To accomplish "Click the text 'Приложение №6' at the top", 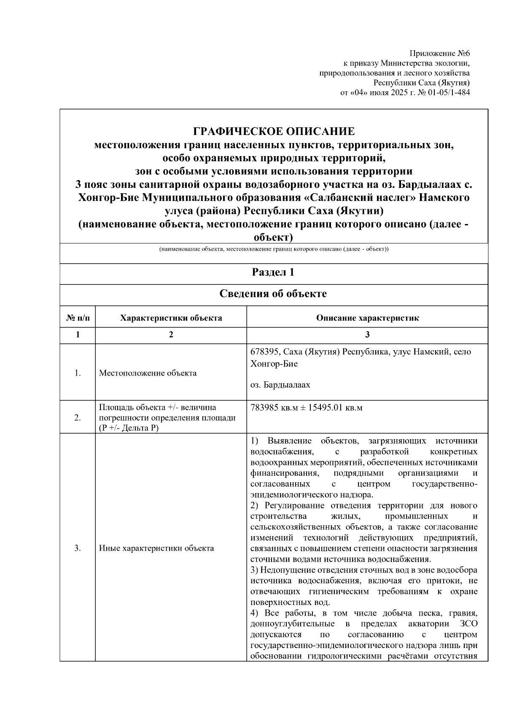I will pyautogui.click(x=439, y=54).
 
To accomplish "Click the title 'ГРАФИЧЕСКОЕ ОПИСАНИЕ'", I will pyautogui.click(x=274, y=131).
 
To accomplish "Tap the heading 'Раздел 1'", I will pyautogui.click(x=273, y=272).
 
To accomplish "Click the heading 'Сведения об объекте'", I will pyautogui.click(x=273, y=294).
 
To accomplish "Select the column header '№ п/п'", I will pyautogui.click(x=78, y=318).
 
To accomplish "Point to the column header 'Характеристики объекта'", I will pyautogui.click(x=171, y=318).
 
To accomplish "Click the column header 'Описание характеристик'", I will pyautogui.click(x=367, y=318).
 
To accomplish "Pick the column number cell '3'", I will pyautogui.click(x=367, y=335).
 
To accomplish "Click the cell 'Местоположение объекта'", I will pyautogui.click(x=148, y=373).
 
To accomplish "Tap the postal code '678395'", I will pyautogui.click(x=265, y=352).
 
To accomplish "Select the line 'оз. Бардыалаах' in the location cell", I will pyautogui.click(x=280, y=385).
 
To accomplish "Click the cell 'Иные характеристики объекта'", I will pyautogui.click(x=156, y=548).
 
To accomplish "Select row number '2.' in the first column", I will pyautogui.click(x=78, y=418).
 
